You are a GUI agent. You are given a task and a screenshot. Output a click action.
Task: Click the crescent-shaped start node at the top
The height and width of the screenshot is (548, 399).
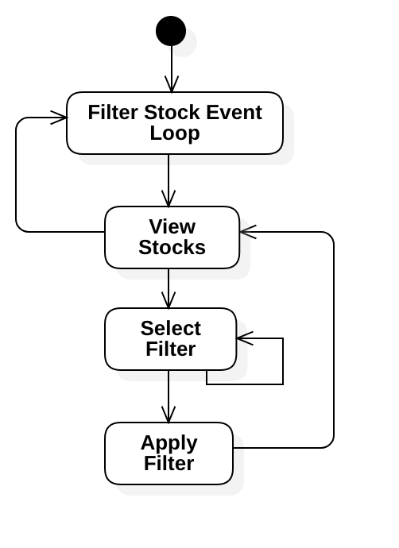[x=182, y=41]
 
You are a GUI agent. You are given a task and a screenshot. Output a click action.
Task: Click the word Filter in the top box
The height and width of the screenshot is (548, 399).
[x=114, y=113]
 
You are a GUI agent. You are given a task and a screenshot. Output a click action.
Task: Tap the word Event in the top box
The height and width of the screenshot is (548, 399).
[x=234, y=113]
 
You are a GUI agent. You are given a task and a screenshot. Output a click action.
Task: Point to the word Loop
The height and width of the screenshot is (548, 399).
[x=175, y=133]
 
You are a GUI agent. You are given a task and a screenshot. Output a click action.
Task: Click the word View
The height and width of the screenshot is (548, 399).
[x=172, y=227]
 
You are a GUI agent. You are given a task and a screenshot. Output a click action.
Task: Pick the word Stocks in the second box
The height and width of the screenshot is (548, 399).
[x=172, y=248]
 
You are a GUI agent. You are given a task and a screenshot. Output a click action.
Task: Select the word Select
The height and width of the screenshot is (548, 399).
[x=171, y=329]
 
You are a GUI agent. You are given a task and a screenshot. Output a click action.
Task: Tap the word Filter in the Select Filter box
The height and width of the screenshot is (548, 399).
[x=171, y=349]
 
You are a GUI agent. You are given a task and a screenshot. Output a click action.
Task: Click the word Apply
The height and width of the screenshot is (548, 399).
[x=169, y=443]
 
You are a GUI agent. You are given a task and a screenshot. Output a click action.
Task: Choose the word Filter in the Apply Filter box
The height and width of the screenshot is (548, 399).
[x=169, y=464]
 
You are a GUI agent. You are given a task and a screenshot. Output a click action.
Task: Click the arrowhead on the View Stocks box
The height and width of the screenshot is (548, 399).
[x=246, y=232]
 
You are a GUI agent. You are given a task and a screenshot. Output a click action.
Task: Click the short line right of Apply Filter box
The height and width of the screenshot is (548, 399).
[x=238, y=448]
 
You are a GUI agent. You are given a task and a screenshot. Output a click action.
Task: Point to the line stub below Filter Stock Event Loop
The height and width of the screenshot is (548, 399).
[x=169, y=160]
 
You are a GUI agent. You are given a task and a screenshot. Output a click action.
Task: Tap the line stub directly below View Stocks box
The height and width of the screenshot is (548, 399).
[x=169, y=275]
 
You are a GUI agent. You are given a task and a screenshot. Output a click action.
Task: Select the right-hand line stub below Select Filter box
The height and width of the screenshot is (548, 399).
[x=207, y=376]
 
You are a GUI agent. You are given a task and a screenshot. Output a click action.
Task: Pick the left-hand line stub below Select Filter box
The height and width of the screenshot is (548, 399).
[x=169, y=376]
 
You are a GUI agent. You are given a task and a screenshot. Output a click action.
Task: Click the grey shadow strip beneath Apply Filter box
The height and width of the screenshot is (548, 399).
[x=179, y=490]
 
